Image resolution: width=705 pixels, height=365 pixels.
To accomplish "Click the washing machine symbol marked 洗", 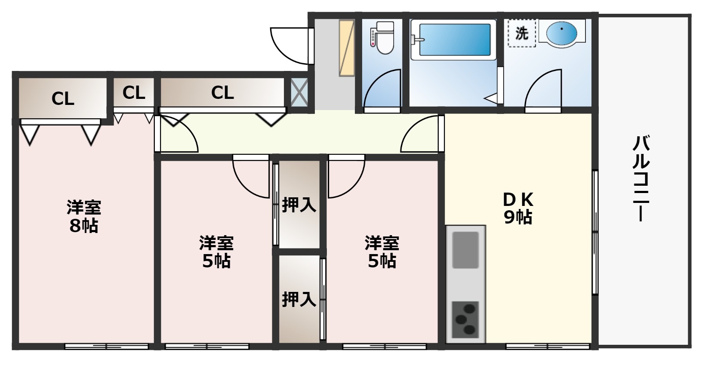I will pos(522,33).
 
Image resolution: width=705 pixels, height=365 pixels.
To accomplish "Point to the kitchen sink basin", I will pos(465,249).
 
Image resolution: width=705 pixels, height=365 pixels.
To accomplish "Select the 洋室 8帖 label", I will pos(84,217).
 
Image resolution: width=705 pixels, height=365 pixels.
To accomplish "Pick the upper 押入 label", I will pos(299,205).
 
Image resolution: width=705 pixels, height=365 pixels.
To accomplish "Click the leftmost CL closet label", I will pos(63,99).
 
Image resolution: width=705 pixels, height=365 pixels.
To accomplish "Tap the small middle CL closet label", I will pos(134,92).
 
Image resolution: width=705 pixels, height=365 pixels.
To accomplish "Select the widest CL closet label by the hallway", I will pos(222,92).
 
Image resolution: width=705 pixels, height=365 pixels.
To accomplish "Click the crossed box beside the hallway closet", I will pos(299,92).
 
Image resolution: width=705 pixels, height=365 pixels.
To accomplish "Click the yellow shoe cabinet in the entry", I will pos(347,47).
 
